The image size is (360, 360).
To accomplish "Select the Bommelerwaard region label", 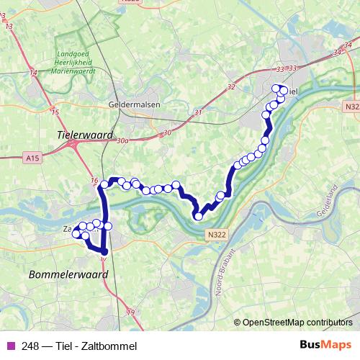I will coord(68,274).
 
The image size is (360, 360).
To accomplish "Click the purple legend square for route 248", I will coord(9,346).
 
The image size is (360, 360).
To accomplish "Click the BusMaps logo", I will coord(325,346).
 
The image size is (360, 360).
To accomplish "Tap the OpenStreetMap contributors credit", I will coord(297,322).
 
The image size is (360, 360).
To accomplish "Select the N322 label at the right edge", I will coord(351,107).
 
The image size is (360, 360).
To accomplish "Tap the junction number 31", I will coord(198,113).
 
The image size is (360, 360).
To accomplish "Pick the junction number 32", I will coord(230,87).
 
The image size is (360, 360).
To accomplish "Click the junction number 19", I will coord(130,312).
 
